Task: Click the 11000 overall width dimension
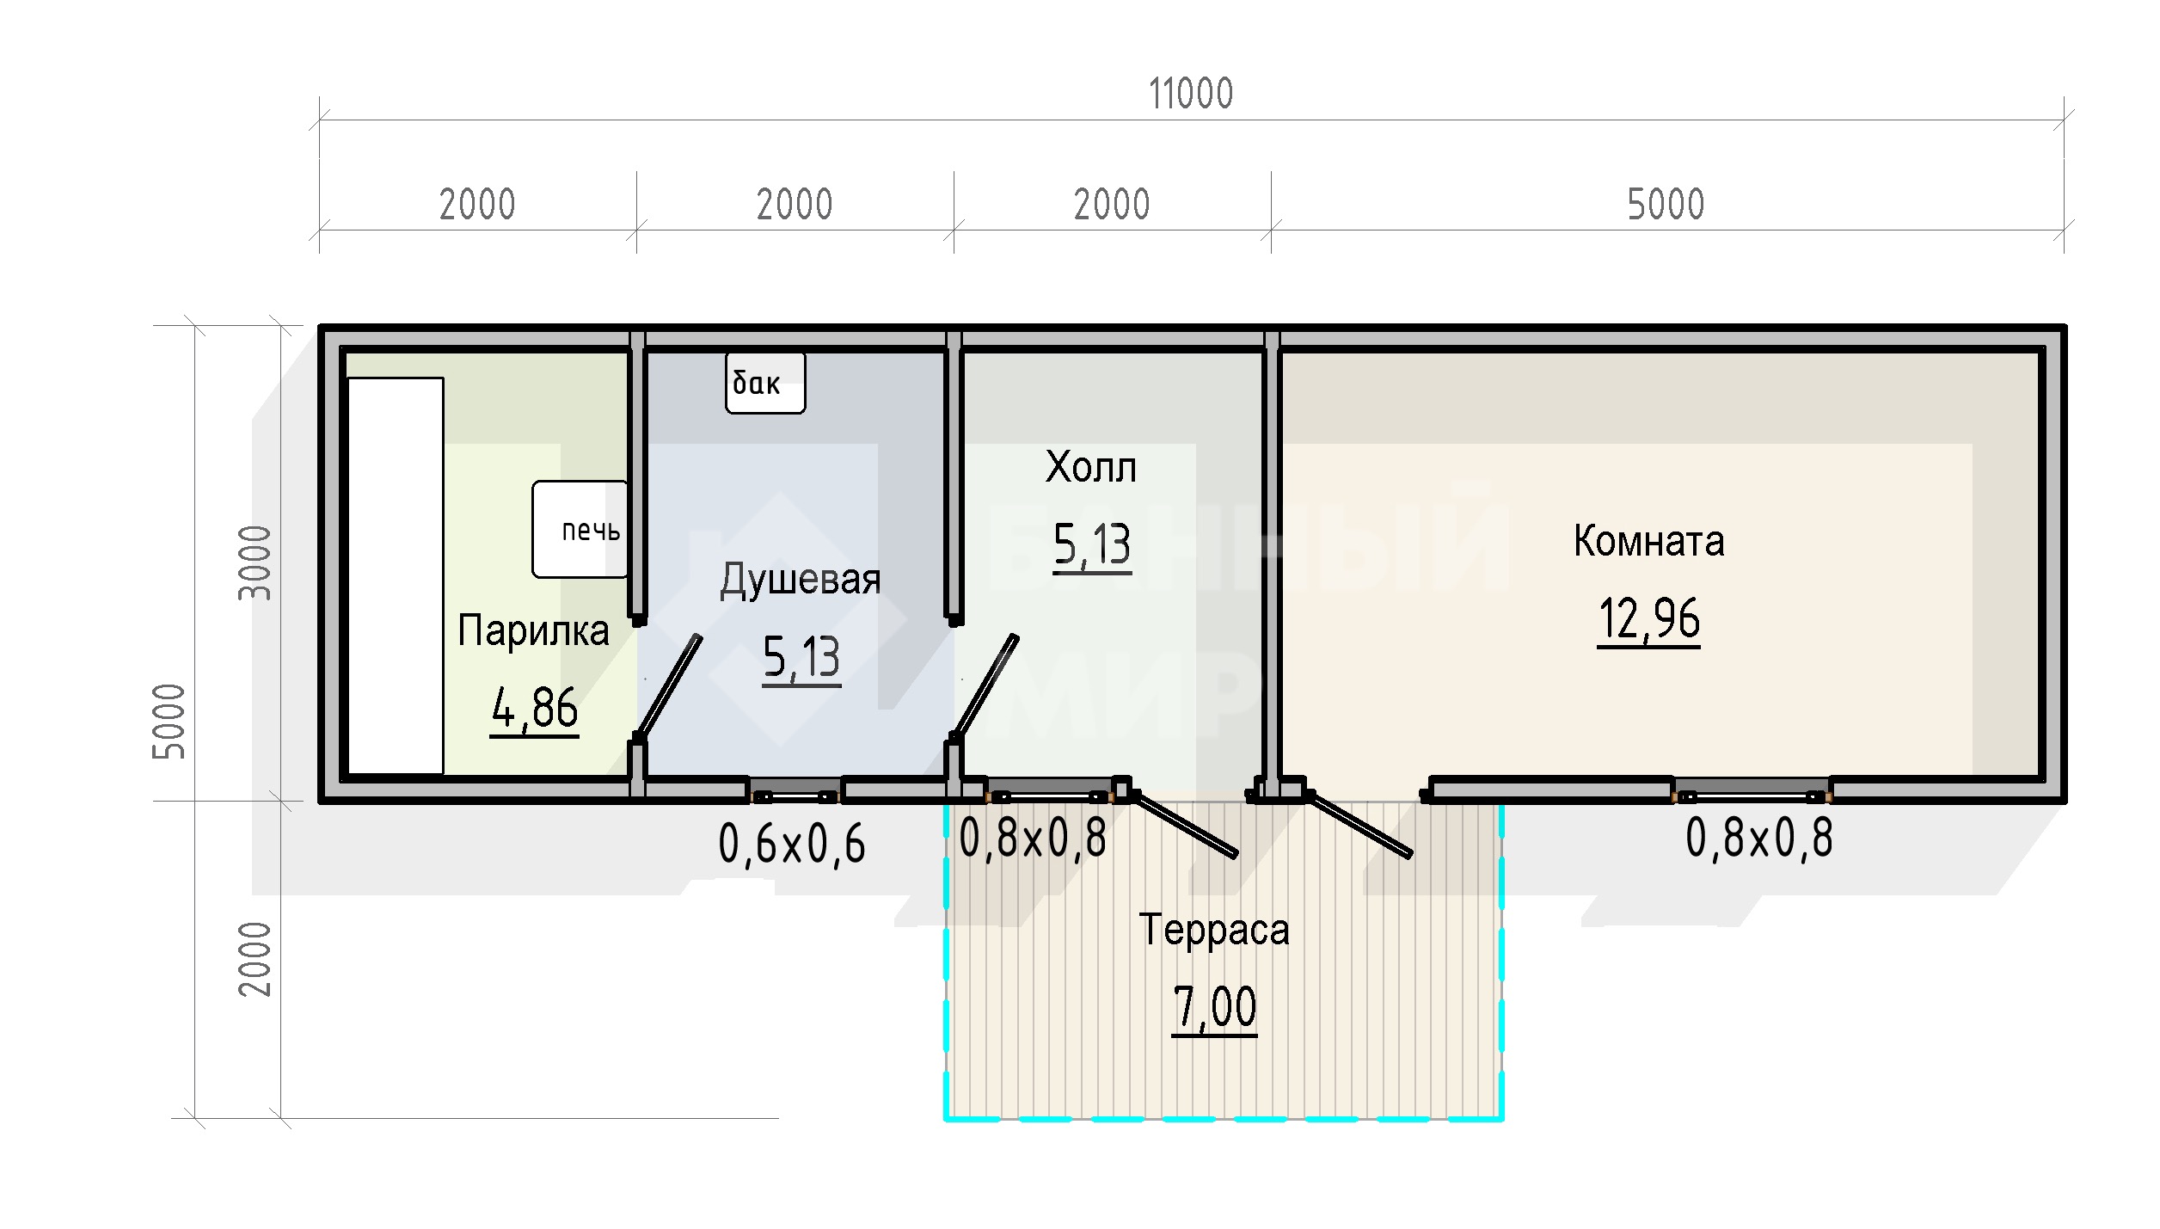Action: point(1191,94)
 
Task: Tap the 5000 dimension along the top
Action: point(1666,205)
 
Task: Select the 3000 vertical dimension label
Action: point(255,563)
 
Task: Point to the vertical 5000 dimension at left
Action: point(169,722)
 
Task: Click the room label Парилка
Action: point(533,630)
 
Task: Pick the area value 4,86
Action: point(535,710)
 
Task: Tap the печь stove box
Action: point(580,529)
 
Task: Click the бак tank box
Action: point(765,383)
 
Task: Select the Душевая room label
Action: point(801,581)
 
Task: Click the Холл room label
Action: point(1091,468)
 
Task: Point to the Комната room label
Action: point(1649,542)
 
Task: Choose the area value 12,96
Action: point(1649,620)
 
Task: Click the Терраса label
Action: point(1214,930)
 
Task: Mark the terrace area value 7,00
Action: point(1214,1009)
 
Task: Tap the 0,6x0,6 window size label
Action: point(792,844)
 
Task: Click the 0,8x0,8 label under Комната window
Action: point(1759,838)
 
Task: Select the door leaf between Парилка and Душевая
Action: point(668,686)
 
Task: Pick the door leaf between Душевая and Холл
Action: point(985,686)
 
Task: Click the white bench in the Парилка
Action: point(396,575)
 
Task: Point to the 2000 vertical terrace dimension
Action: point(255,959)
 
